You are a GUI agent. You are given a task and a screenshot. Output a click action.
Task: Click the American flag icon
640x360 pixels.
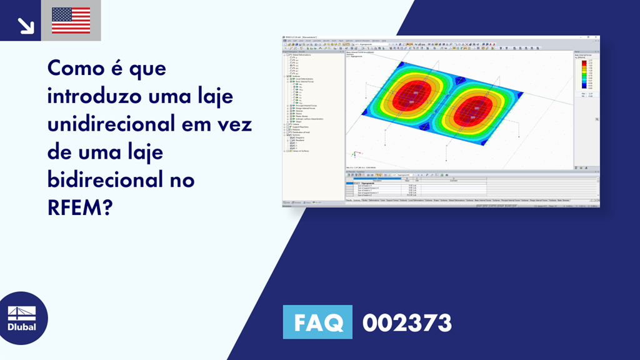coord(71,21)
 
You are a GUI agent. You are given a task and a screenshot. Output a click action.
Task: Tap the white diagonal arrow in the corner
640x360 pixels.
coord(26,25)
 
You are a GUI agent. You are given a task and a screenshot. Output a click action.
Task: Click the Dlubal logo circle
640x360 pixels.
coord(22,318)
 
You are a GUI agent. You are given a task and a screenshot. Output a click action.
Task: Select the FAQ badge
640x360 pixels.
coord(319,322)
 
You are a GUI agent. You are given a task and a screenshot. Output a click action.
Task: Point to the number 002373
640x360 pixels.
coord(407,322)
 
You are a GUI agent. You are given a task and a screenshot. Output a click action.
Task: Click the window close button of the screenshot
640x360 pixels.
coord(597,37)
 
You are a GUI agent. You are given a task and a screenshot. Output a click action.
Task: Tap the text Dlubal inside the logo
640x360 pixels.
coord(22,327)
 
